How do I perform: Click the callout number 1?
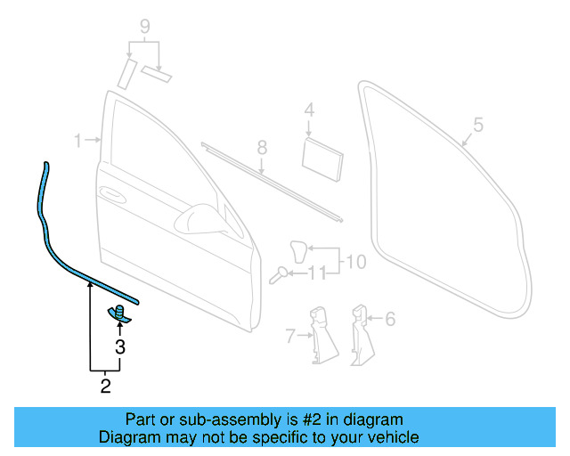pyautogui.click(x=77, y=141)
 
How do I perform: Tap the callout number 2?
pyautogui.click(x=105, y=386)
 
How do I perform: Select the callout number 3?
pyautogui.click(x=120, y=348)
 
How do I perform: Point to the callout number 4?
pyautogui.click(x=309, y=110)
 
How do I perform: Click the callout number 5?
pyautogui.click(x=477, y=126)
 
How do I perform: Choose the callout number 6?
pyautogui.click(x=389, y=318)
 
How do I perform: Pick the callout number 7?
pyautogui.click(x=289, y=336)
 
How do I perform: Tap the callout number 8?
pyautogui.click(x=262, y=146)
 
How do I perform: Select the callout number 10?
pyautogui.click(x=355, y=263)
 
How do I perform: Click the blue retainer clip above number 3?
pyautogui.click(x=119, y=313)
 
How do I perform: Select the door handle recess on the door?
pyautogui.click(x=113, y=193)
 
